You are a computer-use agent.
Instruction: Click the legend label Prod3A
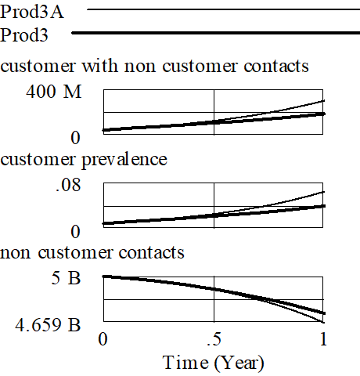coord(32,12)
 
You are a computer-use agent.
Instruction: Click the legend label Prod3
coord(24,35)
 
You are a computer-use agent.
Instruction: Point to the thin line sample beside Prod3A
coord(223,9)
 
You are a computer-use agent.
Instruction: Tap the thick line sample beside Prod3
coord(216,33)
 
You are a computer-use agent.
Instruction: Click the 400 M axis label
coord(54,92)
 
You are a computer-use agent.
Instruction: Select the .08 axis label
coord(68,185)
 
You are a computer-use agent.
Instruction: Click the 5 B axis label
coord(66,277)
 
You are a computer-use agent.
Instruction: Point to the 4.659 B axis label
coord(48,325)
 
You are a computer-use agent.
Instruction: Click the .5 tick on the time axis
coord(214,339)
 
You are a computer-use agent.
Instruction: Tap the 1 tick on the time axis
coord(323,339)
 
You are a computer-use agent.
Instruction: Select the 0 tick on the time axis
coord(103,339)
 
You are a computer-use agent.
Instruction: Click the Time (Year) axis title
coord(214,363)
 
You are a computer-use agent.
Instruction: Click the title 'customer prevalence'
coord(84,159)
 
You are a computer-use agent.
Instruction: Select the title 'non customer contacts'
coord(92,252)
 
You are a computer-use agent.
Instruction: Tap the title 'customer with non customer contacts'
coord(154,66)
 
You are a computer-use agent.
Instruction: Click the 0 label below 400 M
coord(75,138)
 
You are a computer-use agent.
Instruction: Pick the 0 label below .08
coord(75,232)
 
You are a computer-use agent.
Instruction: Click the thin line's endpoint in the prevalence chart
coord(324,192)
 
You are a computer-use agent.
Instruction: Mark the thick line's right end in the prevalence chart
coord(324,206)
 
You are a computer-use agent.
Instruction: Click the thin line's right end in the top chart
coord(324,100)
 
